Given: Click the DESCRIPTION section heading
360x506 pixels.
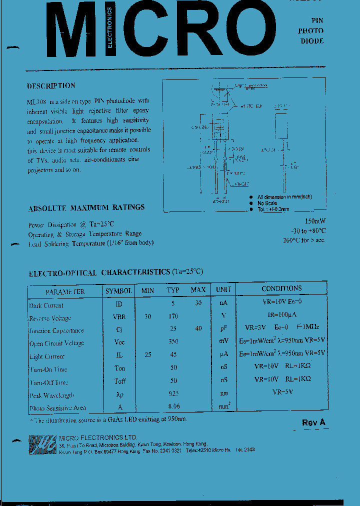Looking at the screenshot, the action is (x=51, y=85).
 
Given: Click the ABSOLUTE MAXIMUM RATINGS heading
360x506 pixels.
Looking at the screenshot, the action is (x=86, y=207).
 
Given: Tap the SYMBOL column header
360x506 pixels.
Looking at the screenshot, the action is (x=118, y=290).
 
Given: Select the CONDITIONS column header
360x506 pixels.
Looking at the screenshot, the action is (x=281, y=288).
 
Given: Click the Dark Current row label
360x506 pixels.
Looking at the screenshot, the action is (x=46, y=305).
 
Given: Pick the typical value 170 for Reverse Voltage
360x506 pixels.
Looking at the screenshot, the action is (x=172, y=316).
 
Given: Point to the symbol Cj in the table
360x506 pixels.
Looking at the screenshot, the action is (x=119, y=329).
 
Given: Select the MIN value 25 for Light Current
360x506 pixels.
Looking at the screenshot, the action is (x=147, y=354).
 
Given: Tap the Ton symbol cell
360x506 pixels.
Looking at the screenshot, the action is (x=119, y=368).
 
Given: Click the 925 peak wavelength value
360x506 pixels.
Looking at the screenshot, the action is (x=173, y=394).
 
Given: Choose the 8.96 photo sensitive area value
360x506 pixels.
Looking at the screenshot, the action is (x=173, y=407).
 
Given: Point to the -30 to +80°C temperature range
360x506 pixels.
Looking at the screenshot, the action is (x=308, y=230).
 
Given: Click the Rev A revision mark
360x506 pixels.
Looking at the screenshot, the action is (x=313, y=422).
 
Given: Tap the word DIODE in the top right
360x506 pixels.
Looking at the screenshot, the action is (x=311, y=41).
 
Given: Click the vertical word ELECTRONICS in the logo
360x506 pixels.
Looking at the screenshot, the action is (x=109, y=28).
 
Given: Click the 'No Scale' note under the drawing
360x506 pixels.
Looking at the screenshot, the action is (x=267, y=203).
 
